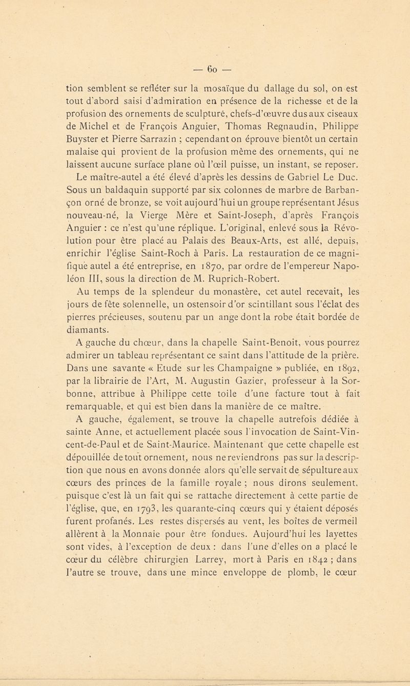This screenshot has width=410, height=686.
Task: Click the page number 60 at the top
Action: pos(205,55)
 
